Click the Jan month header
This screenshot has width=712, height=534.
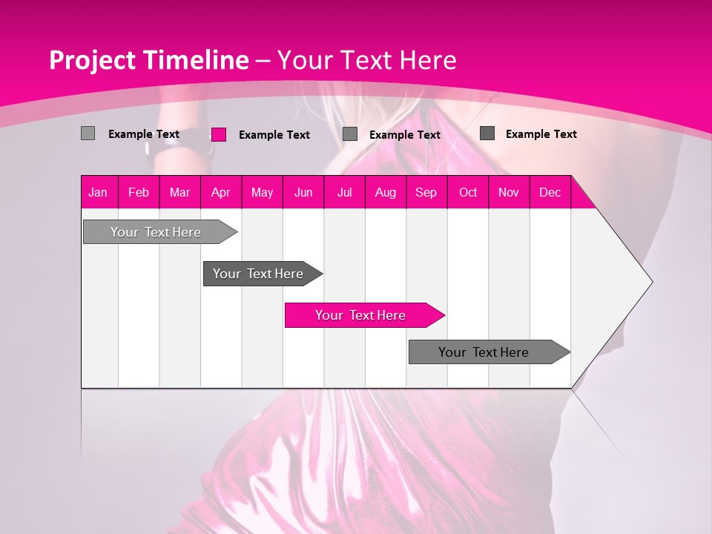[98, 193]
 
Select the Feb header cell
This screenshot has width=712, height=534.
[139, 193]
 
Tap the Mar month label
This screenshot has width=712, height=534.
[179, 193]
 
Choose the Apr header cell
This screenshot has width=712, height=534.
[221, 193]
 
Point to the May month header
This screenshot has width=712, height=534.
[262, 193]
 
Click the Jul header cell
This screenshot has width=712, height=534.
[344, 193]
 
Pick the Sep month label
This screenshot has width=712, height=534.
[426, 193]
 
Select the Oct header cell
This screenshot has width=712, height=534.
[468, 193]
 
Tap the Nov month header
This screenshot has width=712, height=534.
[509, 193]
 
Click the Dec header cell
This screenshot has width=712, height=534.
[550, 193]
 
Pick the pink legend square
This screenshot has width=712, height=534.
[219, 134]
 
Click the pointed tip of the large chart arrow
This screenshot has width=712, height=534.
[650, 282]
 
